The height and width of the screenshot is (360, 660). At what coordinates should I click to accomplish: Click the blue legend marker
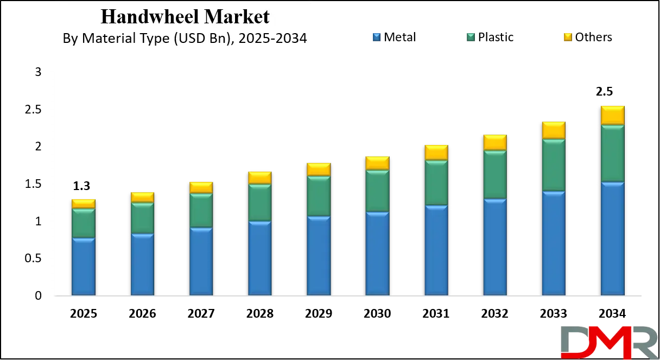coord(375,37)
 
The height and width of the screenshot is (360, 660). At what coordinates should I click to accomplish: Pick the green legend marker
coord(471,37)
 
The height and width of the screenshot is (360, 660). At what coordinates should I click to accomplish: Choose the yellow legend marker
coord(567,37)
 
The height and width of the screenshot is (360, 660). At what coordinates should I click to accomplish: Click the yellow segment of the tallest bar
coord(612,116)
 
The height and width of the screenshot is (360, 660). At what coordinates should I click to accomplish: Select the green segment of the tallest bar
coord(612,154)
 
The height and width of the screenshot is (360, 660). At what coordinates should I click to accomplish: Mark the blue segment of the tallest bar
coord(612,239)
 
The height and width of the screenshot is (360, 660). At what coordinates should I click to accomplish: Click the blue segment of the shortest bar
coord(83,267)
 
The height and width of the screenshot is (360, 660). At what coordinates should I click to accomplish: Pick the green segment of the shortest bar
coord(83,223)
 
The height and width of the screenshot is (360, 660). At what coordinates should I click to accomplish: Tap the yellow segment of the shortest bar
coord(83,204)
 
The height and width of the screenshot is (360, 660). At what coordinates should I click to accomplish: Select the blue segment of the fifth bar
coord(318,256)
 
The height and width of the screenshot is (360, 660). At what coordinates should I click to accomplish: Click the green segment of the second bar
coord(142,218)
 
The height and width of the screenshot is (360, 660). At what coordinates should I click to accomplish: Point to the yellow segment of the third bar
coord(201,188)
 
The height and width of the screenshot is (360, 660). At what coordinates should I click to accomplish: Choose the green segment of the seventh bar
coord(436,183)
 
